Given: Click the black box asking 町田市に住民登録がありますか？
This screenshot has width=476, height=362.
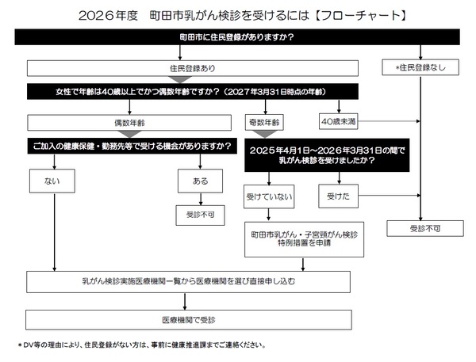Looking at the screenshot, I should [x=237, y=37].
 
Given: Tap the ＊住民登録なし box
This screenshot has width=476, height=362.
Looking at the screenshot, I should [x=420, y=68].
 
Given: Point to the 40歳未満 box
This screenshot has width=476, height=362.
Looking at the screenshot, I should [x=338, y=123].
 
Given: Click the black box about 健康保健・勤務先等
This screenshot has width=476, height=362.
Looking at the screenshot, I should [x=132, y=147].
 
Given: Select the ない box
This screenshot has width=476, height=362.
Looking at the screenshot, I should [x=54, y=181].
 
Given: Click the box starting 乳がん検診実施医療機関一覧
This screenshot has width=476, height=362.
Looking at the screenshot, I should [x=189, y=281].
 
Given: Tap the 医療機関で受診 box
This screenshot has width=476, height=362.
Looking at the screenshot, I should [x=189, y=318].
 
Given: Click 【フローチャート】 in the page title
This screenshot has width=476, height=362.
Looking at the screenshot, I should [x=365, y=15].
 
